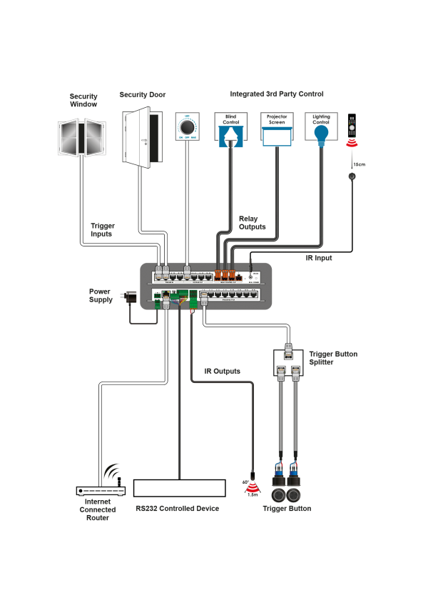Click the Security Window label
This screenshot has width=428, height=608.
click(x=83, y=100)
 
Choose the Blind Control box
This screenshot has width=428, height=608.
click(x=230, y=129)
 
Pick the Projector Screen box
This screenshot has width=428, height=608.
click(x=276, y=129)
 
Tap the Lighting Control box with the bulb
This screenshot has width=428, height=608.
click(x=321, y=129)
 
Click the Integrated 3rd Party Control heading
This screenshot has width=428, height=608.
click(x=277, y=94)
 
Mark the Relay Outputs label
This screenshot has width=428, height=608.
click(x=252, y=223)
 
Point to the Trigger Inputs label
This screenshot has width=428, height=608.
click(x=102, y=229)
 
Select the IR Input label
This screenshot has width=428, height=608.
click(x=319, y=258)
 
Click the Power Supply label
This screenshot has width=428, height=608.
click(x=101, y=295)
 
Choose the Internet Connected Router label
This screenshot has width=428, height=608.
click(x=96, y=509)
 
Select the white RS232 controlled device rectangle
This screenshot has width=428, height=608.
click(x=180, y=488)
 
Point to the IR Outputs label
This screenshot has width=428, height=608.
click(x=222, y=371)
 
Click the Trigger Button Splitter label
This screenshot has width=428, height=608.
click(x=333, y=358)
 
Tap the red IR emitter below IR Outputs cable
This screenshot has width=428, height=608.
click(x=252, y=489)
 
